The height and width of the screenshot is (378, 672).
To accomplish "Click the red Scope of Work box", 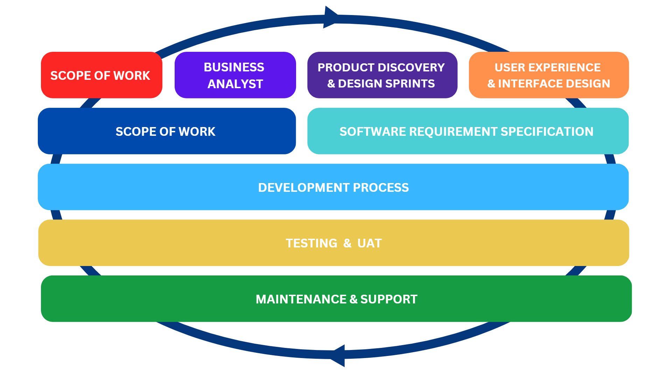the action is (101, 75).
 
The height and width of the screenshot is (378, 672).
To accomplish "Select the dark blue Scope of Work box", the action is (167, 131).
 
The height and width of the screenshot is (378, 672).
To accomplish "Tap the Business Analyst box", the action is (235, 75).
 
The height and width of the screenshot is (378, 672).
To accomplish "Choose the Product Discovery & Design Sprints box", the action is (382, 75).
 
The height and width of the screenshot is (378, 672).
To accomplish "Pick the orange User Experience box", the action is (549, 75).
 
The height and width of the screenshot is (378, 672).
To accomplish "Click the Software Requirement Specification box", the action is (468, 131).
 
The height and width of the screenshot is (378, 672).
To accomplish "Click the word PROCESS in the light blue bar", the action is (381, 188).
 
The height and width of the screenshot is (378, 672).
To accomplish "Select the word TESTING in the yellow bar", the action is (311, 243).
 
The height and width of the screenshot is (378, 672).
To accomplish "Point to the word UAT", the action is (370, 243).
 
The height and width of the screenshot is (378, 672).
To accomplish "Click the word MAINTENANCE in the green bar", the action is (301, 299).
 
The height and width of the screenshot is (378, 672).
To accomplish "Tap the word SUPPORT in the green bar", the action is (389, 299).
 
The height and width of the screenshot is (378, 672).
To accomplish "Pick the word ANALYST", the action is (235, 84).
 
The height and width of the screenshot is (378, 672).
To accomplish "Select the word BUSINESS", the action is (234, 67).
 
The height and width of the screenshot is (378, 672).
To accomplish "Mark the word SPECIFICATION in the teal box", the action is (547, 132).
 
